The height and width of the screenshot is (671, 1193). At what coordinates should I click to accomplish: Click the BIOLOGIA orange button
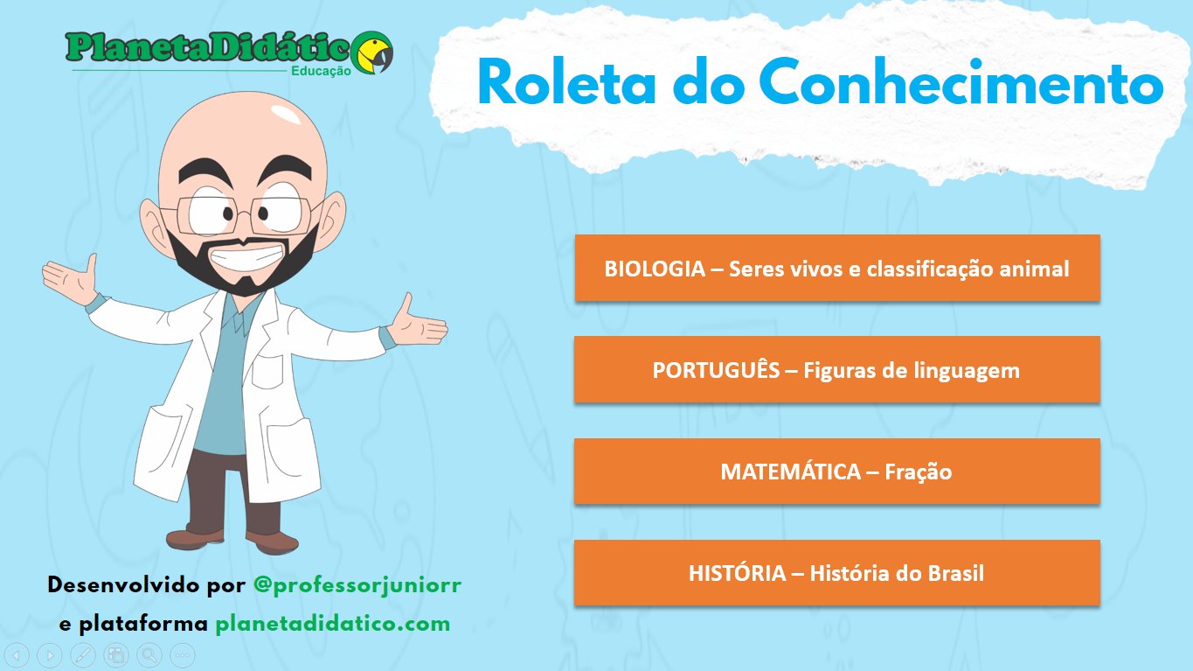click(x=837, y=268)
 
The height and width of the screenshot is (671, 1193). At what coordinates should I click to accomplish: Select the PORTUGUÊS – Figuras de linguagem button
click(x=837, y=369)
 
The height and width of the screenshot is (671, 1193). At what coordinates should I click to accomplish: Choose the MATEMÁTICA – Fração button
click(x=837, y=472)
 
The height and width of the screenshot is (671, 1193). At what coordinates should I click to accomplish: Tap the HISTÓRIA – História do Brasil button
click(x=837, y=573)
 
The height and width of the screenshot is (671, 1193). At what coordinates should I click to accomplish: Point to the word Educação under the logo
click(x=321, y=71)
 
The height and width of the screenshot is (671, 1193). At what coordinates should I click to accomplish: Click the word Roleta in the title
click(x=567, y=82)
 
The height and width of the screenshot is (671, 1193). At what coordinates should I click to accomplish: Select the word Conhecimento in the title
click(x=962, y=81)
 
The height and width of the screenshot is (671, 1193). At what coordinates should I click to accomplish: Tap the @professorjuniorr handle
click(x=357, y=585)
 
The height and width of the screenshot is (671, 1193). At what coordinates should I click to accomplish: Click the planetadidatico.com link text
click(x=333, y=624)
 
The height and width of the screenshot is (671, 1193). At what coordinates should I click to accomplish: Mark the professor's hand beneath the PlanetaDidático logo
click(x=73, y=278)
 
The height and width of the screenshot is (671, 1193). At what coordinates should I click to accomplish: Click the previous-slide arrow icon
click(x=17, y=655)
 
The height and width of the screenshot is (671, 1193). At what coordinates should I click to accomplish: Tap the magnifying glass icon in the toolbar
click(x=149, y=655)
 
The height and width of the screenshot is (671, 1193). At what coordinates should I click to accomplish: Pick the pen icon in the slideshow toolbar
click(x=83, y=655)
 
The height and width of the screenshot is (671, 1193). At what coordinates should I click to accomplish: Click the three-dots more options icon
click(x=183, y=655)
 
